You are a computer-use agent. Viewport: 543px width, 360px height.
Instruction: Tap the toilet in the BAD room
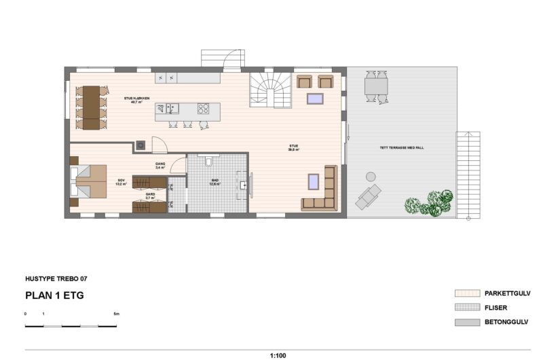(207, 162)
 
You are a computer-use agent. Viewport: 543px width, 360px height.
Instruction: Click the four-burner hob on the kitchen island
(203, 108)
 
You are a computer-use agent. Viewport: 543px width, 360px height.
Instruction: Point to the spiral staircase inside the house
(270, 90)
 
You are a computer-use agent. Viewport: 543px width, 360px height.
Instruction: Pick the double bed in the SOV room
(90, 181)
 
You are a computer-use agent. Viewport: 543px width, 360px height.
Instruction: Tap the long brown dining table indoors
(92, 107)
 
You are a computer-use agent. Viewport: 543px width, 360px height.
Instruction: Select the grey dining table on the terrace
(375, 86)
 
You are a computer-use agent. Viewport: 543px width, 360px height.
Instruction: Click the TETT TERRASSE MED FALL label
(398, 147)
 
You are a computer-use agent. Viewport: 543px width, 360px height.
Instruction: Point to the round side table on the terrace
(371, 175)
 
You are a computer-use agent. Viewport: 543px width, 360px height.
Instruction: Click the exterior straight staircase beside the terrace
(468, 173)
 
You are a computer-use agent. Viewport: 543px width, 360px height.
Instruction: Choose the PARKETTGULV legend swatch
(467, 293)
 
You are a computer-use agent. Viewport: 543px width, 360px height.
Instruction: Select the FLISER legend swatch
(467, 308)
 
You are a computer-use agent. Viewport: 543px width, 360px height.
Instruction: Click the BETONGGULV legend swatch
(467, 322)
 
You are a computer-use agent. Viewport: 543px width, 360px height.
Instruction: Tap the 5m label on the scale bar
(116, 314)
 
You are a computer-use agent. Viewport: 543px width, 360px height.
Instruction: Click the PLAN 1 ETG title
(54, 295)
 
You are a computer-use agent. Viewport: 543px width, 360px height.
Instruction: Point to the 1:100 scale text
(278, 355)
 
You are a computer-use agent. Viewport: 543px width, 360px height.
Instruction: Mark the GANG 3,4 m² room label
(160, 166)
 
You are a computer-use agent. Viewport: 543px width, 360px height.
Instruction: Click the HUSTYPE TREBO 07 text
(56, 278)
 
